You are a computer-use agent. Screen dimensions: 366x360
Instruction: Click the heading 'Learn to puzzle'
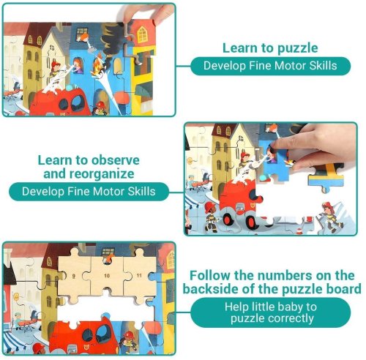(270, 48)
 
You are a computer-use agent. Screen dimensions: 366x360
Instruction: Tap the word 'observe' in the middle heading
(116, 160)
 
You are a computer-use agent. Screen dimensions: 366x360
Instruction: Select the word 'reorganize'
(102, 174)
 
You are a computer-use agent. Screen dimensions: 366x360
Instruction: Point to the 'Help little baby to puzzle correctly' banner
(270, 312)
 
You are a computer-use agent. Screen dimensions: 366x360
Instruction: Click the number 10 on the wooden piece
(107, 276)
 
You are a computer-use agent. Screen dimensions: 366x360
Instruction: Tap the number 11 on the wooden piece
(139, 275)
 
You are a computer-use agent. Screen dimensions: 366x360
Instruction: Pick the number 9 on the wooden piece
(74, 276)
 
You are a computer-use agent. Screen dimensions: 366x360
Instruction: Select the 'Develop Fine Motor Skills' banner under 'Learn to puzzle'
(270, 66)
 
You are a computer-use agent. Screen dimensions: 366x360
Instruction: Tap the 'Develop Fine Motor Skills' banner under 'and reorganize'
(89, 192)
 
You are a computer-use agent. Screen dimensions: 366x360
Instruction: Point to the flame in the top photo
(97, 65)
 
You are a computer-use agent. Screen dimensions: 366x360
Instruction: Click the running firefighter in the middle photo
(330, 217)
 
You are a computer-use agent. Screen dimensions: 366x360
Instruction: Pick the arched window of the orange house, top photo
(142, 34)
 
